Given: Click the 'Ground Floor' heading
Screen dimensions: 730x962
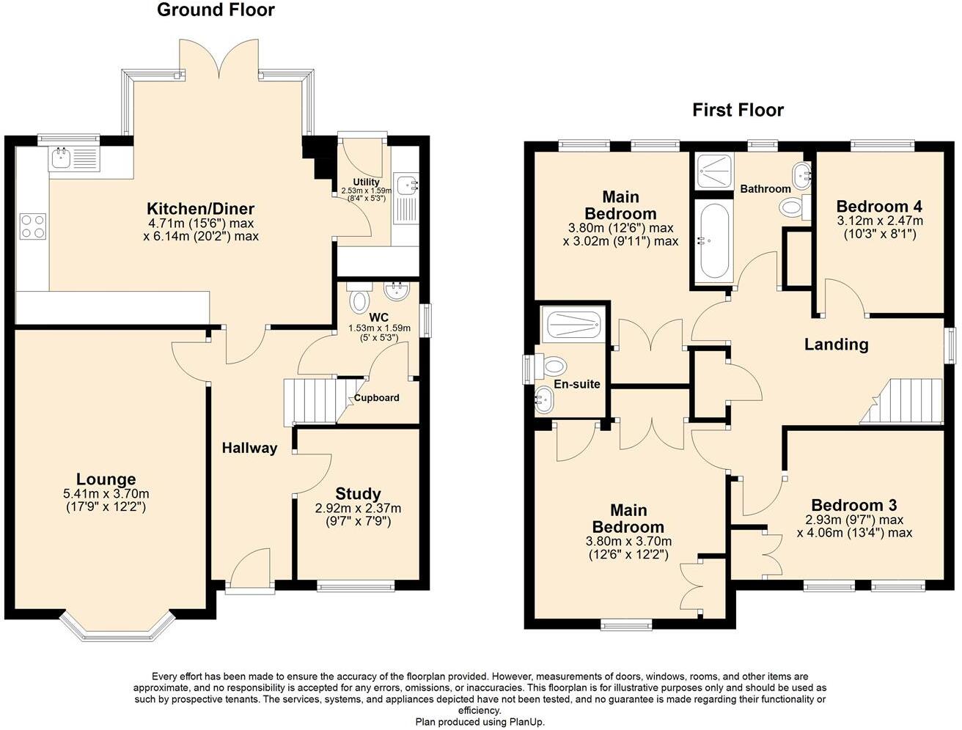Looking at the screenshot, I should (x=216, y=10).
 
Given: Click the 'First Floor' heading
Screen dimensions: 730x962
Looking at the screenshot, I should (x=738, y=111).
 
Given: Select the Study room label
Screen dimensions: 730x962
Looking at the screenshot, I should (x=358, y=493).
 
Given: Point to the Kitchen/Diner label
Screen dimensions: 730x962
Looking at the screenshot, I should (x=201, y=208).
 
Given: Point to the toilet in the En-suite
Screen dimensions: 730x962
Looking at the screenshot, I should (x=554, y=365).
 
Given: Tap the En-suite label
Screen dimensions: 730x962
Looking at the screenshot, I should (x=577, y=384).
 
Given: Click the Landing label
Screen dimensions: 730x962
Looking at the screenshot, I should (x=836, y=344).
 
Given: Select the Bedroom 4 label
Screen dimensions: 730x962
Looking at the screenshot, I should (x=879, y=206).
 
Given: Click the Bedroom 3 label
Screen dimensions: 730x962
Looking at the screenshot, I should (x=854, y=505).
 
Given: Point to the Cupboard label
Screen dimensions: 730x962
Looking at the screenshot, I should (x=377, y=398).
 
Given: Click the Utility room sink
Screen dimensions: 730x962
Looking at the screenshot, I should (x=404, y=184).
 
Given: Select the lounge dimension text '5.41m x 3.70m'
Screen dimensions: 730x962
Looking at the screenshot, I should (x=106, y=494).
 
